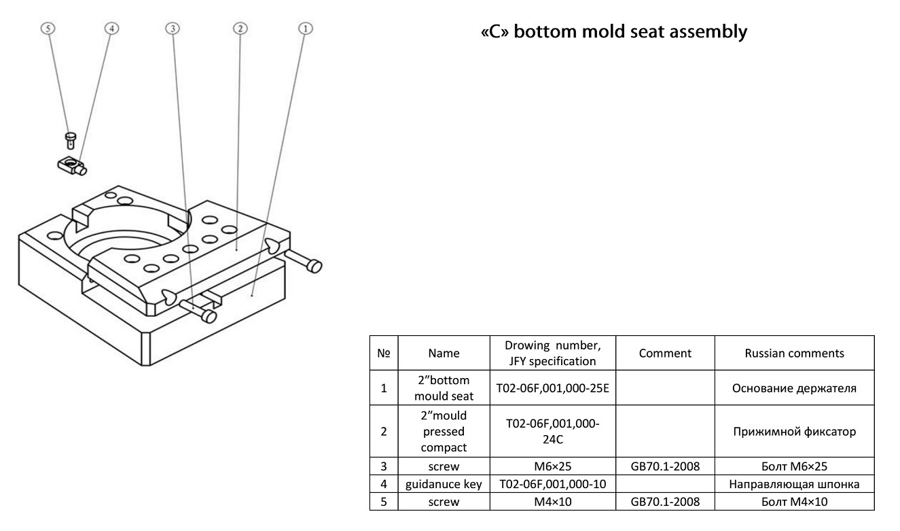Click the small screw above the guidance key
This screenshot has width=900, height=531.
point(69,139)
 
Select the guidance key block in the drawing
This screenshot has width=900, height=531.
point(70,164)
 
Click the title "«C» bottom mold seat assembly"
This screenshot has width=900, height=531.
point(613,32)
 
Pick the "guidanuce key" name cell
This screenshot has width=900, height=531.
point(444,484)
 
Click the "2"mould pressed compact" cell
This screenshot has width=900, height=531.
point(444,431)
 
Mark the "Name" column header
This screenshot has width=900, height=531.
point(444,353)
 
